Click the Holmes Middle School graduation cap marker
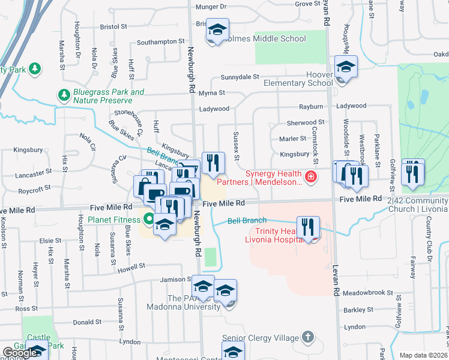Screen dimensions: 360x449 [217, 29]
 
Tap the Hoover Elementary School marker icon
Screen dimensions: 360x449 [346, 67]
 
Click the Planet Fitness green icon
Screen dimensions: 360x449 [148, 220]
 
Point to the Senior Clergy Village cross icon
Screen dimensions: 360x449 [308, 337]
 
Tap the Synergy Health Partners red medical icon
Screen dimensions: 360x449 [310, 176]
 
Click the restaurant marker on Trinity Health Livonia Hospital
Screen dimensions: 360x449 [309, 227]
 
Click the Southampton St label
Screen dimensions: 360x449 [160, 42]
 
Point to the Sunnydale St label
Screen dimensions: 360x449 [240, 77]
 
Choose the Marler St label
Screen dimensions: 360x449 [293, 139]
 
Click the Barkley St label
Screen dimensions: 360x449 [359, 310]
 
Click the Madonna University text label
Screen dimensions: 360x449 [184, 307]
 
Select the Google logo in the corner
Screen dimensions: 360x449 [20, 353]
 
